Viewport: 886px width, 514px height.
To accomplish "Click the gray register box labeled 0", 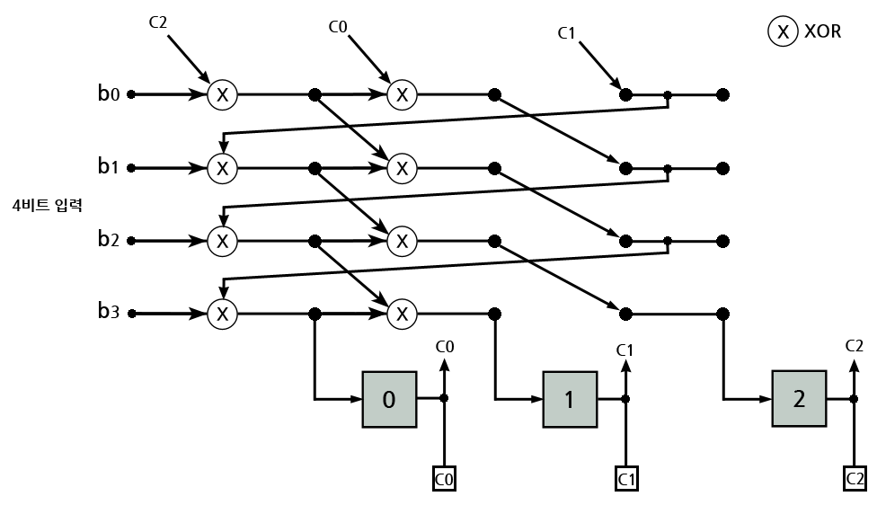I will [388, 398].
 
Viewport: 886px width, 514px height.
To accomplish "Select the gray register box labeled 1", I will [569, 398].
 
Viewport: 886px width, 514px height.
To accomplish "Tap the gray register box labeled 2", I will [799, 398].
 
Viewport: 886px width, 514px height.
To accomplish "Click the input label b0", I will [109, 93].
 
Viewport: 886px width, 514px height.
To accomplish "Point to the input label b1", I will [109, 167].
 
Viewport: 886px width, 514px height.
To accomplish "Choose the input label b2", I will [109, 241].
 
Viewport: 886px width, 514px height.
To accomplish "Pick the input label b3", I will [109, 314].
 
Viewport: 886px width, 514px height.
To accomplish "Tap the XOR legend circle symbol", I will [783, 33].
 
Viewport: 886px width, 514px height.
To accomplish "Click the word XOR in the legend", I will [824, 33].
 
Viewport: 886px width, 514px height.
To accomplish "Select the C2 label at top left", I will [159, 22].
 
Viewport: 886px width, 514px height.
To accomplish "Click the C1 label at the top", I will [566, 34].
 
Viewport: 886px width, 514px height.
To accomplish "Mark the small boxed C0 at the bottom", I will [444, 480].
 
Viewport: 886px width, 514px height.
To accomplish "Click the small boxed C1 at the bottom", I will [626, 480].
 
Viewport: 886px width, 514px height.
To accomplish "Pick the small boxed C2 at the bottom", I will [855, 480].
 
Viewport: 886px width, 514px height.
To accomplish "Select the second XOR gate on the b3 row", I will [402, 314].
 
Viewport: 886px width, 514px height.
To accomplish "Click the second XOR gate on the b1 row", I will [402, 167].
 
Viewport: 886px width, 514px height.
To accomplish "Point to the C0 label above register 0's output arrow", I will [444, 346].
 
